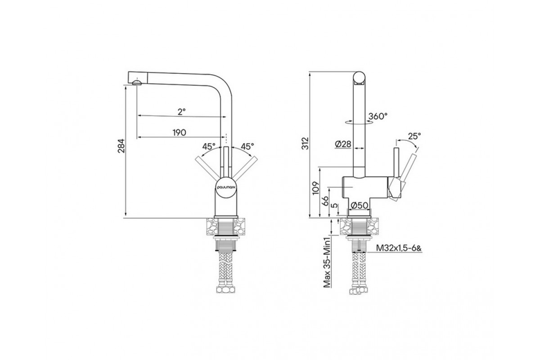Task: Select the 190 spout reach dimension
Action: (x=180, y=132)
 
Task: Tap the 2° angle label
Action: (x=180, y=112)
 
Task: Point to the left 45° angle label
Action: (x=208, y=146)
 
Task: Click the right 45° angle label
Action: (x=247, y=146)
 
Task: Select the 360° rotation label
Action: (x=378, y=116)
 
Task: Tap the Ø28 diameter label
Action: (x=343, y=144)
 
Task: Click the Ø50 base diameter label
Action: (x=360, y=205)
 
